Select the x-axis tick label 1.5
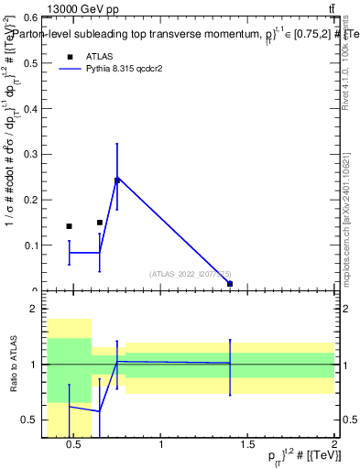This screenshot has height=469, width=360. pos(247,445)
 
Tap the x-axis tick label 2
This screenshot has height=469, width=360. pos(334,445)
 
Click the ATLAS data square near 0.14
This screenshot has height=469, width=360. pos(69,226)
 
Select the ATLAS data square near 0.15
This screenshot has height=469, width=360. pos(100,222)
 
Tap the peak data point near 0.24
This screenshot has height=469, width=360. pos(116,180)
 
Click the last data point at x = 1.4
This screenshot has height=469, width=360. pos(230,284)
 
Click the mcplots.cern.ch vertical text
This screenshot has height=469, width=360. pos(349,220)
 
